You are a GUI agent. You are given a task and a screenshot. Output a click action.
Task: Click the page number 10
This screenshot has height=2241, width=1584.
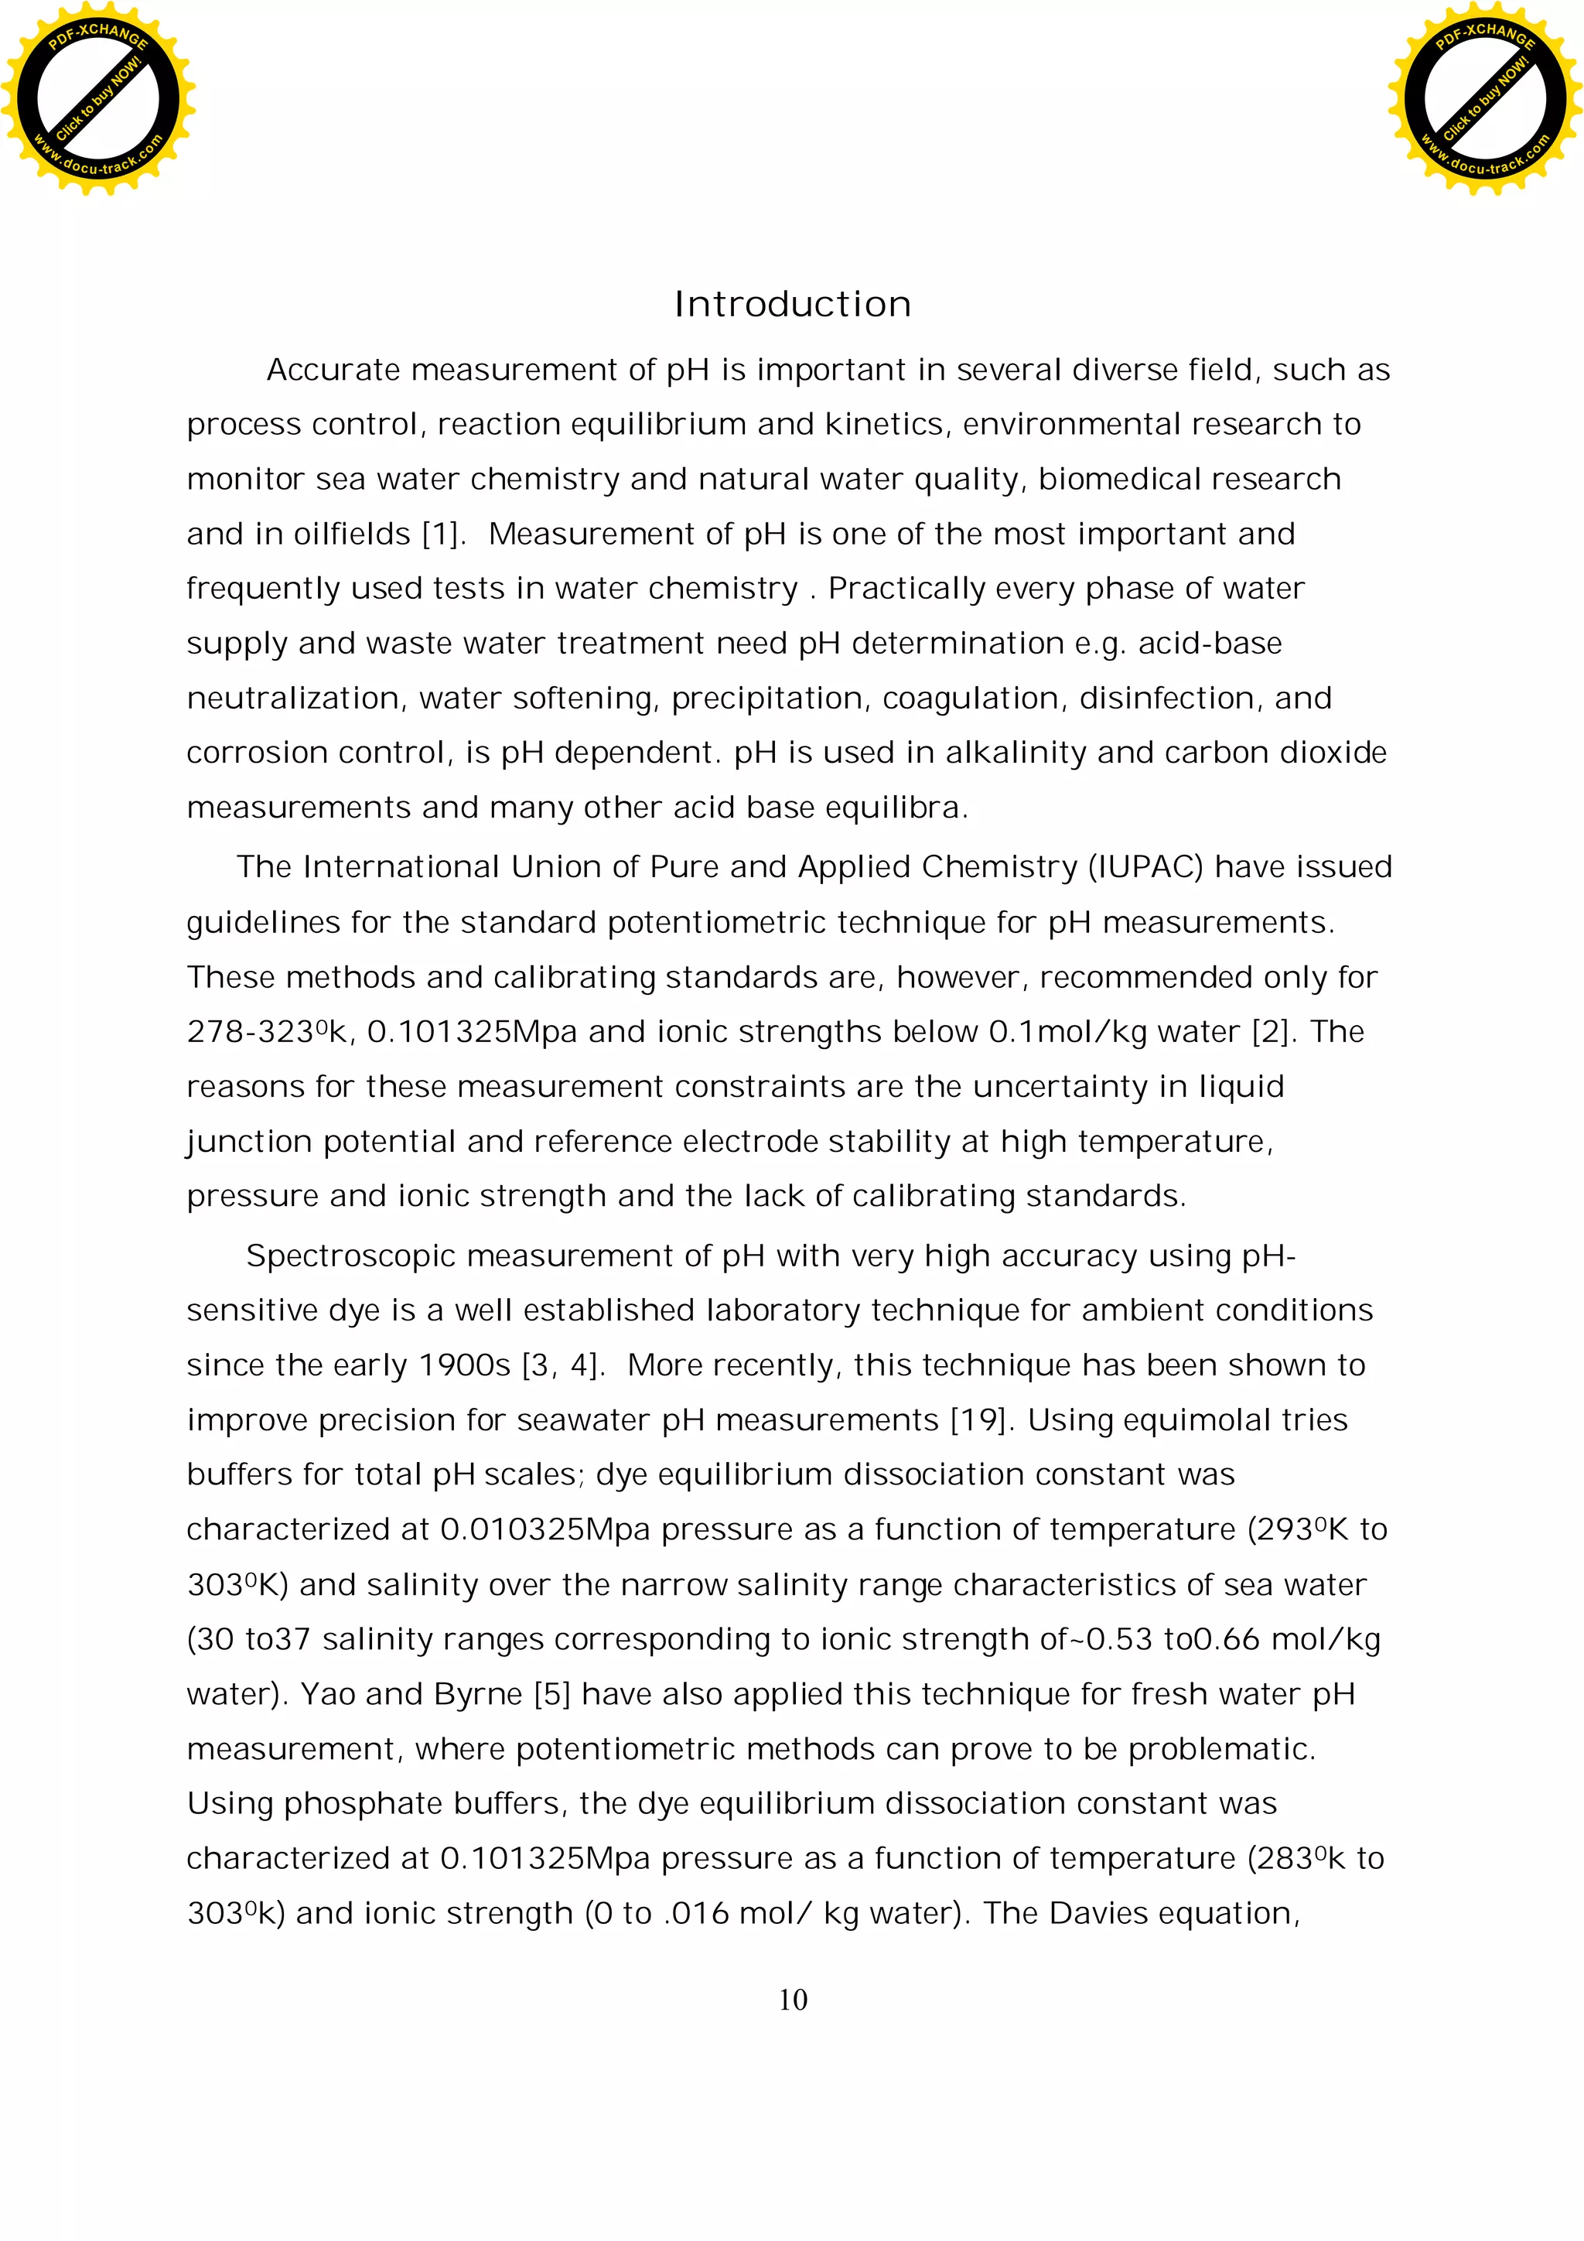coord(793,2000)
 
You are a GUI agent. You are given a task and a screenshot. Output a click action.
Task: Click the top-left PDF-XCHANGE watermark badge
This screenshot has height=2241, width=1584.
coord(97,98)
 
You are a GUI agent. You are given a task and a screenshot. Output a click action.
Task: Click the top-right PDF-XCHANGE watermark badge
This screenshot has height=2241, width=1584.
coord(1484,98)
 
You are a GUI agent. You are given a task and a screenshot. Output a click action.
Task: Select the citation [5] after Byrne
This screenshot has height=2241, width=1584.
coord(551,1693)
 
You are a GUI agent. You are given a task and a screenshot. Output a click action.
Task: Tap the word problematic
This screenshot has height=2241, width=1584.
coord(1221,1748)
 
